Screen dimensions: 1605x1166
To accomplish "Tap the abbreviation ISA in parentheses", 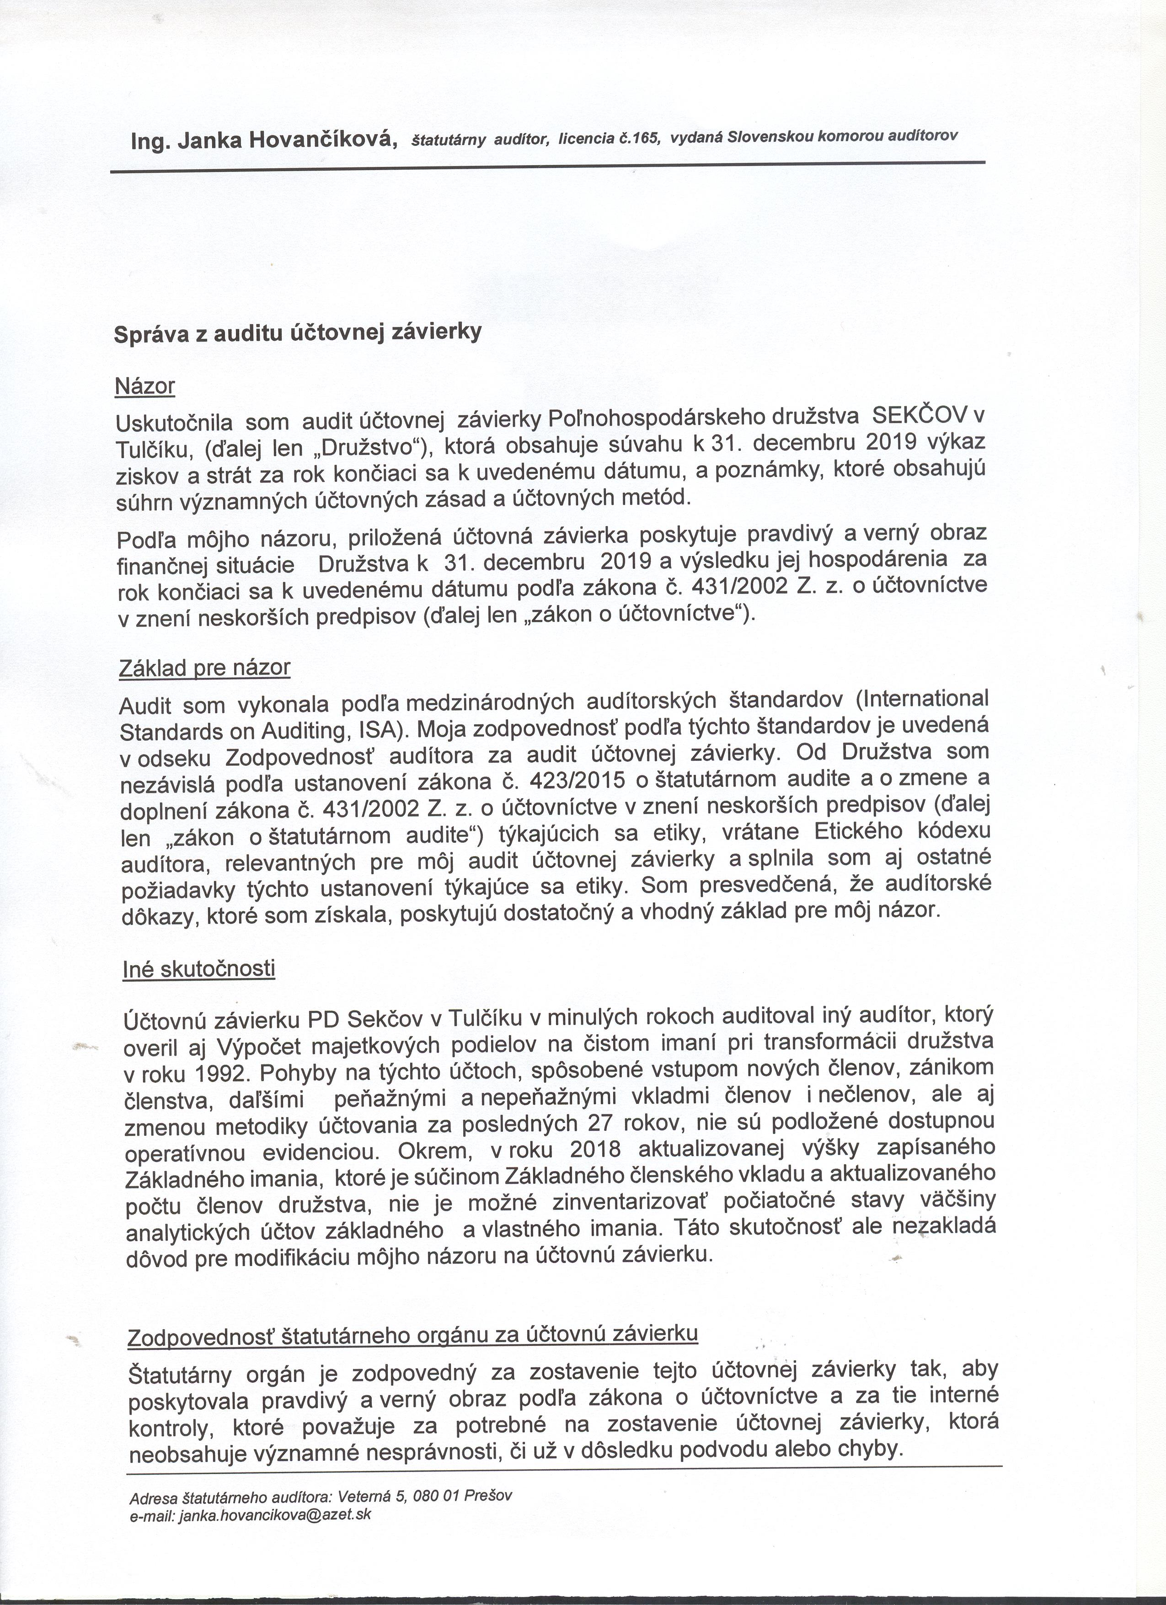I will (x=378, y=728).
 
